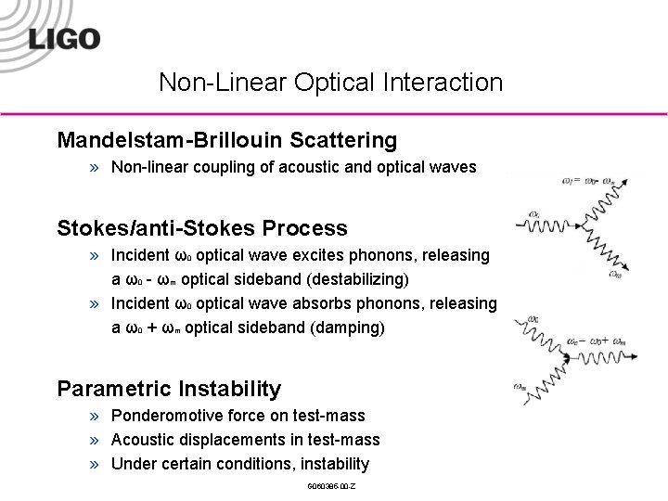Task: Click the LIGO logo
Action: (64, 39)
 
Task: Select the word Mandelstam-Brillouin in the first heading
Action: (170, 140)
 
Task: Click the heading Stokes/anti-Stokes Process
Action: (202, 228)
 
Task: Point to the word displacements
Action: (232, 440)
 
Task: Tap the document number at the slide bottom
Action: (330, 487)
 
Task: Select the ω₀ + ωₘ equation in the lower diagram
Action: (594, 340)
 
